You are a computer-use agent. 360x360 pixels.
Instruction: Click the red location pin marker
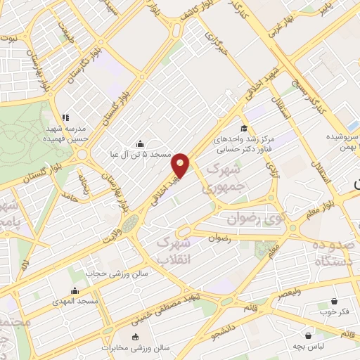(x=181, y=166)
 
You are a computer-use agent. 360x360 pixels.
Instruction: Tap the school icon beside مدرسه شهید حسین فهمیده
(x=65, y=117)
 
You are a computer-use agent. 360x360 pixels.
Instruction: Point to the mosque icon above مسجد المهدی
(x=75, y=290)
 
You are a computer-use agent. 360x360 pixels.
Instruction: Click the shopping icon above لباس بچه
(x=308, y=335)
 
